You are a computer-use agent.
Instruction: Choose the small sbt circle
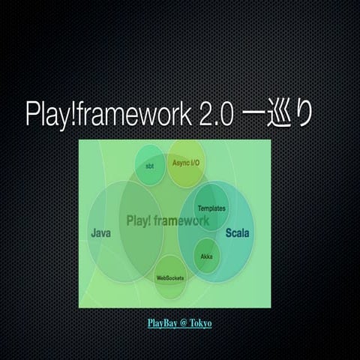(148, 163)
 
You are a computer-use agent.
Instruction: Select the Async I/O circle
(185, 163)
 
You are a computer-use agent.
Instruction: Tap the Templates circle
(211, 208)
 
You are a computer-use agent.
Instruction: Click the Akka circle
(207, 256)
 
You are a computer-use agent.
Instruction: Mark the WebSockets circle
(170, 277)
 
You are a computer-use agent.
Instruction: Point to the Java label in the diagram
(101, 233)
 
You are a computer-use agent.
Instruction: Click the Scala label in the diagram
(238, 233)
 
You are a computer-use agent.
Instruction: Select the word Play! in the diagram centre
(140, 221)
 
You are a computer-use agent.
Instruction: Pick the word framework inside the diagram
(183, 221)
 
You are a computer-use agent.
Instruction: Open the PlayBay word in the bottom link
(162, 323)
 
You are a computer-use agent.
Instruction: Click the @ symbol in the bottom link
(182, 323)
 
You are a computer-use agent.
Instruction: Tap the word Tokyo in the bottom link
(200, 323)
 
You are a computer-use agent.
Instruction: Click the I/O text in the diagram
(194, 163)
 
